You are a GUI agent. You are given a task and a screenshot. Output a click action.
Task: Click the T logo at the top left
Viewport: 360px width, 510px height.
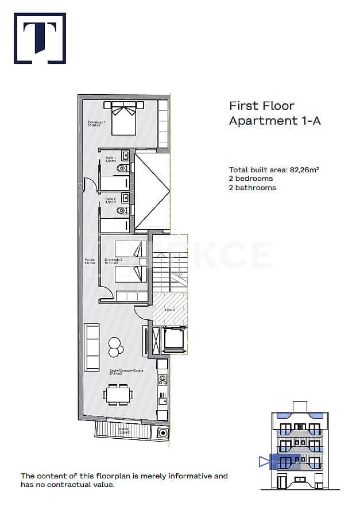40,38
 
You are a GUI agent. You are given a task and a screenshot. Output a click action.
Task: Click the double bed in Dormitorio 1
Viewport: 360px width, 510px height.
123,117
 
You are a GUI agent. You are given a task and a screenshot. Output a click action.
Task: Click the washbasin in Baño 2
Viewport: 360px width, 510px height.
125,197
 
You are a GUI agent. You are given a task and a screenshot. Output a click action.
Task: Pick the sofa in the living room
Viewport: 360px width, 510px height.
92,347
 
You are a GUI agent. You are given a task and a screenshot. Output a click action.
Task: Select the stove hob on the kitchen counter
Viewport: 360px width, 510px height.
162,379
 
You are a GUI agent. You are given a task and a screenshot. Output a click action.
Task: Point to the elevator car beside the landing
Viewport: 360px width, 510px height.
173,339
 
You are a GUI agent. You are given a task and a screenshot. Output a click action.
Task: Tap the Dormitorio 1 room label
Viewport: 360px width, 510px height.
96,123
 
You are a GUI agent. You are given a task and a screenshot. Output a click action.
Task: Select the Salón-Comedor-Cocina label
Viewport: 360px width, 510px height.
125,372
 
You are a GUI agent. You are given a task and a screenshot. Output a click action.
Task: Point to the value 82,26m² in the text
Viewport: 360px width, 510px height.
304,170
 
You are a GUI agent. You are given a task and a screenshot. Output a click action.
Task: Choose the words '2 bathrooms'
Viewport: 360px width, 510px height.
252,188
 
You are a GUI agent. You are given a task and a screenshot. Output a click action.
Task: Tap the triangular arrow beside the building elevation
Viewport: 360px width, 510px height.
264,461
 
